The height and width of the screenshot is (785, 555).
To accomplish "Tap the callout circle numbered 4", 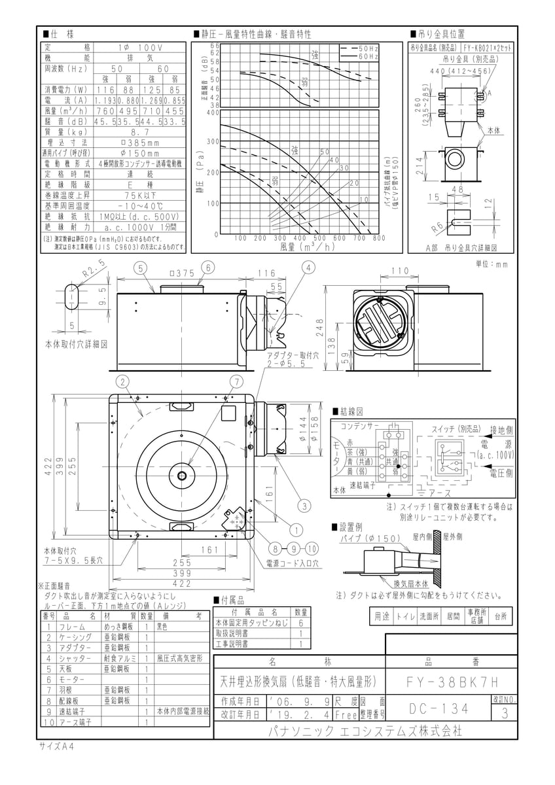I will tap(308, 268).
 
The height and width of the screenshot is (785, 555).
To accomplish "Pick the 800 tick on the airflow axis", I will tap(378, 238).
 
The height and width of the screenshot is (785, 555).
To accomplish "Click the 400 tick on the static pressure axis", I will tap(213, 113).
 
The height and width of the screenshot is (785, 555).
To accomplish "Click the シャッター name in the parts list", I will tap(75, 658).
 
